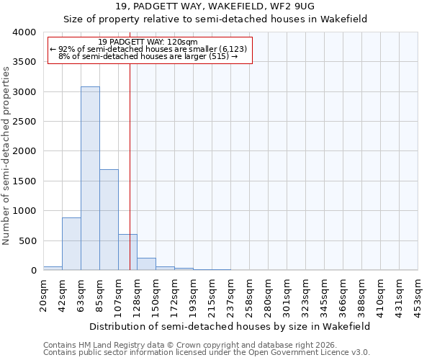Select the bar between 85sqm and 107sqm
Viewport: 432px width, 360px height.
109,220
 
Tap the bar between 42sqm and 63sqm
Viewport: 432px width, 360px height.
71,244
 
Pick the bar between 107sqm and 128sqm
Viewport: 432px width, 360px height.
127,252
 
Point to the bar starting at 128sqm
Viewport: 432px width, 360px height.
146,264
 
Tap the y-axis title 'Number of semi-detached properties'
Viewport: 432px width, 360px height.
7,155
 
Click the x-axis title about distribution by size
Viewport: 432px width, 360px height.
230,326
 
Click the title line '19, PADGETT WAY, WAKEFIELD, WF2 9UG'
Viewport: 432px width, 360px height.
215,6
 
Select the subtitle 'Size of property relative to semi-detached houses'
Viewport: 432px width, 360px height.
215,19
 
